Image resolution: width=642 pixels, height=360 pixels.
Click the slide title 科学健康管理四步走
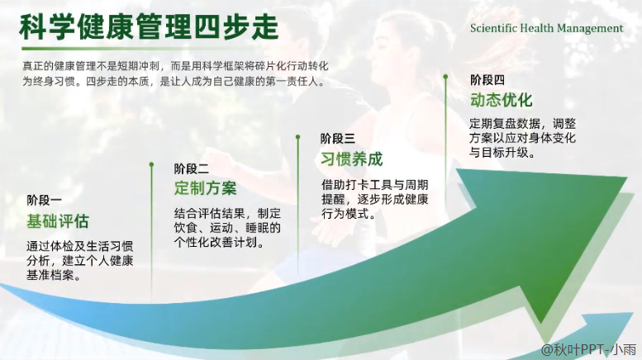coord(149,26)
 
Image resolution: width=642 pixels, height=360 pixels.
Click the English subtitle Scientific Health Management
coord(547,28)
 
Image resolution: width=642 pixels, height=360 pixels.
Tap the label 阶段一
coord(45,200)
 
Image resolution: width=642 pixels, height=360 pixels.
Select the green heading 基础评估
coord(58,221)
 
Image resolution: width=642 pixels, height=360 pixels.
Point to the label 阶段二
coord(191,168)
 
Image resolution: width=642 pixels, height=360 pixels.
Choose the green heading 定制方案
coord(205,188)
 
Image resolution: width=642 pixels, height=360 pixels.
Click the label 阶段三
coord(338,139)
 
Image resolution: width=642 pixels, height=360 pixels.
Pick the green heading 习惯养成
coord(352,159)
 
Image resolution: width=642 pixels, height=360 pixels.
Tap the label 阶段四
coord(487,80)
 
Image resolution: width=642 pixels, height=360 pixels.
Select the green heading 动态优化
coord(502,100)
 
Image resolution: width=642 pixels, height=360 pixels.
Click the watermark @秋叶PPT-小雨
coord(589,350)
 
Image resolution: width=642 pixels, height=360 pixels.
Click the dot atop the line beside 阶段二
coord(151,164)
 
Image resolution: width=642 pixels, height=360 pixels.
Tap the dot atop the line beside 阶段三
coord(298,137)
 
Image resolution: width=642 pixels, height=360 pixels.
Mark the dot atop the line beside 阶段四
coord(445,77)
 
